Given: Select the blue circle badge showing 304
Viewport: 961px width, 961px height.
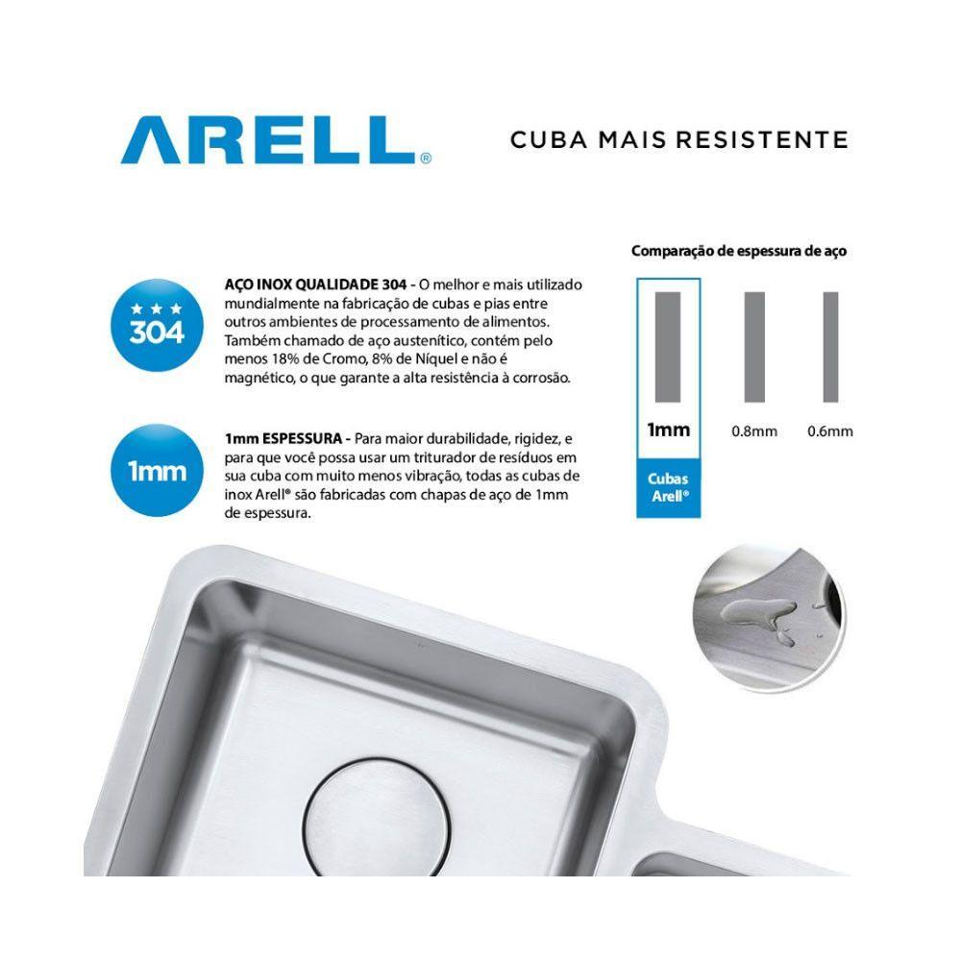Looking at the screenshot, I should (x=156, y=325).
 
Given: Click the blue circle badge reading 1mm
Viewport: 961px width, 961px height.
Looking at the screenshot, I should (x=156, y=471).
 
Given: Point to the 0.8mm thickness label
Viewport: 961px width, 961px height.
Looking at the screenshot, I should (x=753, y=431).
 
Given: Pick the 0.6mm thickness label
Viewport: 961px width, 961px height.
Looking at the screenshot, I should (x=830, y=431).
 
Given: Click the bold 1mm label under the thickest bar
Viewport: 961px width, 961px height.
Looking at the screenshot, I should (x=668, y=430).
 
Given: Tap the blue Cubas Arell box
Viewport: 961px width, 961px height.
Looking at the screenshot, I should (x=668, y=487).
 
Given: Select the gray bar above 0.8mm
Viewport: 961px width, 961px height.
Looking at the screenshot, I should (x=754, y=346).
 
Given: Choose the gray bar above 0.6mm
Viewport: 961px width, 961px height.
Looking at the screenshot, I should (x=830, y=346).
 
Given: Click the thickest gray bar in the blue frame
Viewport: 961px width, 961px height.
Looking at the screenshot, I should (x=668, y=346).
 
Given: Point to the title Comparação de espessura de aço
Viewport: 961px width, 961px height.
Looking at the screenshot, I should (x=738, y=252).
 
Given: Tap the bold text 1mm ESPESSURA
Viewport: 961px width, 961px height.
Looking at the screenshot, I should (x=280, y=438).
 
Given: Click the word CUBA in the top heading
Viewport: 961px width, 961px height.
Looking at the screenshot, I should (x=544, y=139).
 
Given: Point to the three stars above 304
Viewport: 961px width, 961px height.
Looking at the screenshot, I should (x=156, y=308).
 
